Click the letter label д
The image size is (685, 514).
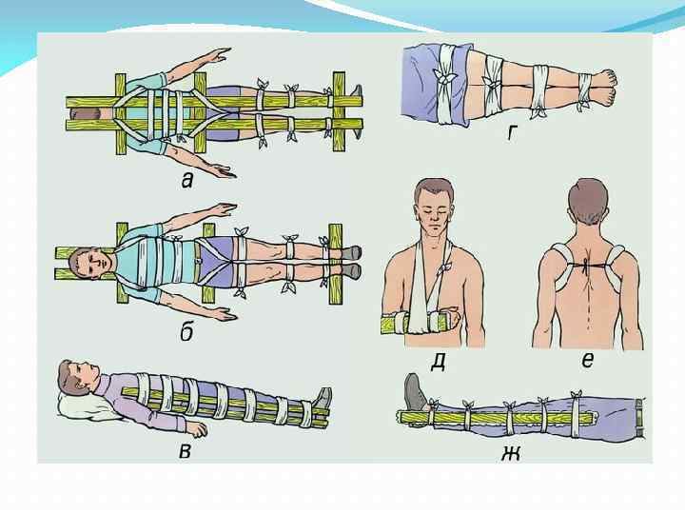click(x=439, y=361)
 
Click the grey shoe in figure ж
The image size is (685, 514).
click(x=415, y=391)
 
